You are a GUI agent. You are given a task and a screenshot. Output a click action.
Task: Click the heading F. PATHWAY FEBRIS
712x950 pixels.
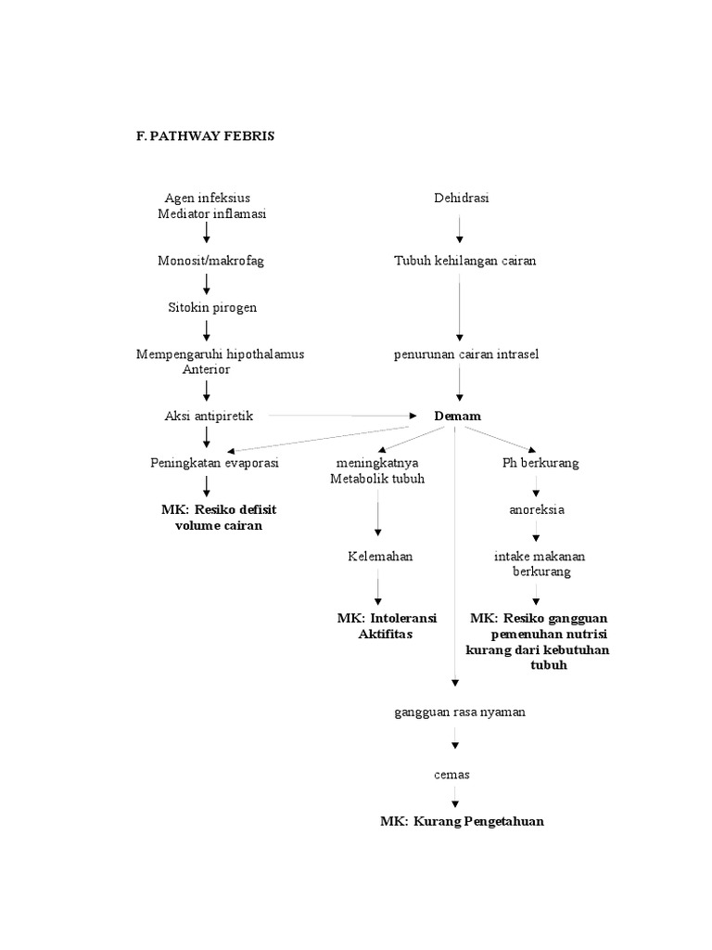[205, 135]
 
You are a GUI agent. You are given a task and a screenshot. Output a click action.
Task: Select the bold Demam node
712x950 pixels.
[458, 416]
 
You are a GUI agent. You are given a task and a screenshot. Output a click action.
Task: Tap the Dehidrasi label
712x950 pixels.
[461, 198]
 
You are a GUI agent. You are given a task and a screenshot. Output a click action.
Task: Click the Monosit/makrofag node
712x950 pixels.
[210, 261]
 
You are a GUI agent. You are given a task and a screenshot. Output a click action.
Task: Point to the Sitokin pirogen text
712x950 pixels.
[212, 307]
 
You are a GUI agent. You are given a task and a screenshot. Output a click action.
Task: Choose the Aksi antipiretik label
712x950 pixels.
[209, 416]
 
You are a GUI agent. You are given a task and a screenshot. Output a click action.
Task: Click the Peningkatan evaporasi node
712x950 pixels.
[214, 463]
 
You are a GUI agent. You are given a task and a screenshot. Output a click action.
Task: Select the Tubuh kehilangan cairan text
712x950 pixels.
[464, 261]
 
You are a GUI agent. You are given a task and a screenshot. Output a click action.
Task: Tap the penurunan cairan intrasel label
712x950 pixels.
[465, 354]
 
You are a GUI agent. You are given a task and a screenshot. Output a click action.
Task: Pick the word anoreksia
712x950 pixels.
[536, 509]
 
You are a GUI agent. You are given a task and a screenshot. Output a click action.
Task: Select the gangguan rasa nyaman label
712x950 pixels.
[459, 712]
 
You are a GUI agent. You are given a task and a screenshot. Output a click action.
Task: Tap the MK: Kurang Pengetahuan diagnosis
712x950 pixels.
[462, 821]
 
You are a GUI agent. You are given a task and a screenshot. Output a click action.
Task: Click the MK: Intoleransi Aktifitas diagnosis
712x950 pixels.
[387, 626]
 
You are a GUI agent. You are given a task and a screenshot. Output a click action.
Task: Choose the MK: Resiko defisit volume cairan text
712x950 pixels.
[219, 518]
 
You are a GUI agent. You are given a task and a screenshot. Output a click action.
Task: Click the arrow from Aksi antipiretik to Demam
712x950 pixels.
[343, 416]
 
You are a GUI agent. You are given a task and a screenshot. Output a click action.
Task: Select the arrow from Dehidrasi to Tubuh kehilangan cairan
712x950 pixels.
[459, 229]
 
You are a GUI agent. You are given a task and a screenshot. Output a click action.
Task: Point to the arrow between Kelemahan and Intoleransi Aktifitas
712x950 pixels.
[377, 590]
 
